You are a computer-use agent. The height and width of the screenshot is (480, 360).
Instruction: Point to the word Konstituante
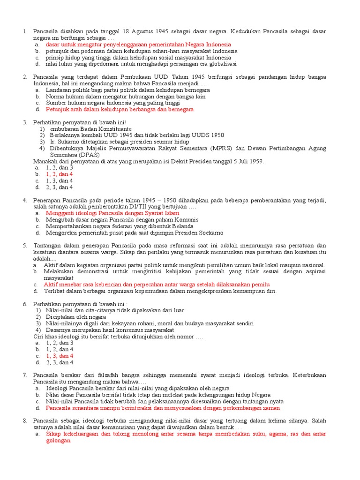pos(114,128)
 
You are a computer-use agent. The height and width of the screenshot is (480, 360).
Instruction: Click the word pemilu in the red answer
pos(260,284)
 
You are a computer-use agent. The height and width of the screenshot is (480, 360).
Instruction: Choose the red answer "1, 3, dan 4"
pos(59,356)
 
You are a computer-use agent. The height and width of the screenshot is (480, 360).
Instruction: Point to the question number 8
pos(25,420)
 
